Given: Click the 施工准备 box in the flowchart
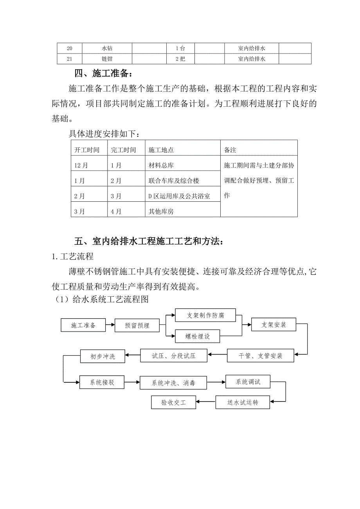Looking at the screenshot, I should tap(83, 325).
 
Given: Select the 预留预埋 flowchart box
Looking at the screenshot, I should tap(137, 325).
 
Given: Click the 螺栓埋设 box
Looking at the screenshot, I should tap(198, 336).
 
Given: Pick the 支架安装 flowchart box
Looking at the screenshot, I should tap(274, 324).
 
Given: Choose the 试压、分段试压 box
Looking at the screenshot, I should tap(173, 356).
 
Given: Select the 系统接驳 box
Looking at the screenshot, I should tap(102, 382).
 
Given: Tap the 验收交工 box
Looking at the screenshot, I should tap(174, 402).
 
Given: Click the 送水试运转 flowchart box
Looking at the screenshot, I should tap(243, 402).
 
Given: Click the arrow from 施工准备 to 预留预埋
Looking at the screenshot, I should tap(110, 325).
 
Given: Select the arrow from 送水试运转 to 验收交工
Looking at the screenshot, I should tap(206, 402).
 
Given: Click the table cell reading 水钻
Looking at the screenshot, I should tap(107, 48).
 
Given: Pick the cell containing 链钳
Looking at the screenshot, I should tap(107, 59).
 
